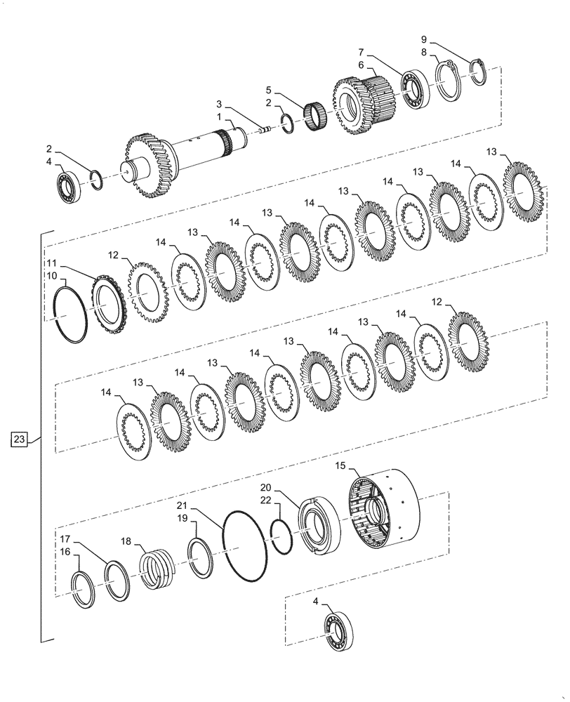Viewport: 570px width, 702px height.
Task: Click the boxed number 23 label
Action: tap(20, 440)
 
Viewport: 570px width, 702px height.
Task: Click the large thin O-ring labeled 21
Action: tap(244, 545)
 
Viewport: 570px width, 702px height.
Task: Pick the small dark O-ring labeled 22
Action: tap(281, 537)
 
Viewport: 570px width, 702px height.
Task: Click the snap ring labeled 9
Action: tap(478, 72)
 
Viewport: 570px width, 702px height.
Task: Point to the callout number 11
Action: tap(51, 263)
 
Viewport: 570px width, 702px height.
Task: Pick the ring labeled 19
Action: tap(201, 558)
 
